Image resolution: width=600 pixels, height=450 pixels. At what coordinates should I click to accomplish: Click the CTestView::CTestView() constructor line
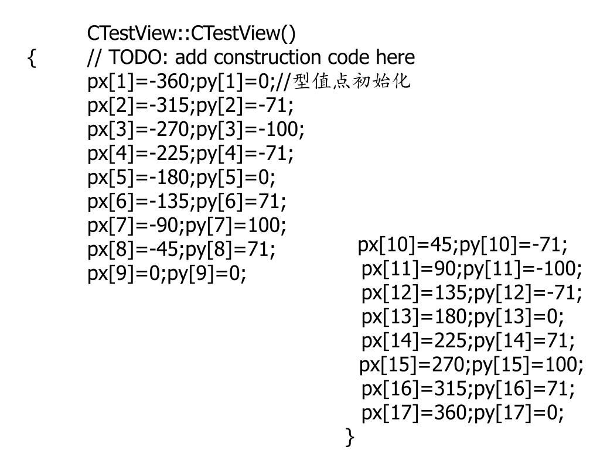pos(192,33)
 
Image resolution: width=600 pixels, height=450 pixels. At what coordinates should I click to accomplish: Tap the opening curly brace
pos(32,58)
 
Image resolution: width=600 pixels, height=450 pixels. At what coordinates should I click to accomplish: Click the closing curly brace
pos(350,437)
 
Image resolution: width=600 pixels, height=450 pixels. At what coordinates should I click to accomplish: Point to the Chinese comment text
pos(351,81)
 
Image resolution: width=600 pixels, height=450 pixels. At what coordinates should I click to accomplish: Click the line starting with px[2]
pos(190,105)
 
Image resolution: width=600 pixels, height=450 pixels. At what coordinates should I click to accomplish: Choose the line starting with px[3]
pos(196,129)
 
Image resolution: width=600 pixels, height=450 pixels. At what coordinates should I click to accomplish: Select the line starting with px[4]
pos(190,154)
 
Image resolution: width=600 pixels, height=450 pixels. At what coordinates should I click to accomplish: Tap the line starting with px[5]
pos(182,178)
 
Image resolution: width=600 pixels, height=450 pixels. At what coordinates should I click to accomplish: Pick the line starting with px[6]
pos(187,202)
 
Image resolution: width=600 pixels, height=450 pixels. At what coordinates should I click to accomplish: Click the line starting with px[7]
pos(187,226)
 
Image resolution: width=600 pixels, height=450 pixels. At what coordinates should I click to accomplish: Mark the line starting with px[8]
pos(182,250)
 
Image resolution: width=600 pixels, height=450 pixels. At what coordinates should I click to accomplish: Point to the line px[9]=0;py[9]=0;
pos(167,274)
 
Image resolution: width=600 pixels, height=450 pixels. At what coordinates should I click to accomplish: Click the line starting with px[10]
pos(463,245)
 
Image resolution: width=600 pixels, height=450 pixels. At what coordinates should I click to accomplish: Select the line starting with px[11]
pos(472,269)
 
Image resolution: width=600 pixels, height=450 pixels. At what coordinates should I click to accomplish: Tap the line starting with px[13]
pos(463,317)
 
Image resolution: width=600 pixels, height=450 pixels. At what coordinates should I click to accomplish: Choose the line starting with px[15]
pos(472,365)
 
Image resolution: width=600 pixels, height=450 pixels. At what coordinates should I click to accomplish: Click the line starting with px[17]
pos(463,413)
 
